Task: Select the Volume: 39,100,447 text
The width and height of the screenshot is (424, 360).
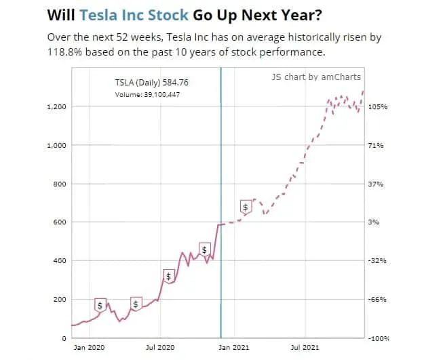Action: (147, 94)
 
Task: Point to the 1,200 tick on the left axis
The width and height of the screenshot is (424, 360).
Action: (57, 107)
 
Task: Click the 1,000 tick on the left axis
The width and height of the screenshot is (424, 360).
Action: (57, 146)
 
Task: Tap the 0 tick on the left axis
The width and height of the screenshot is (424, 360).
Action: (64, 338)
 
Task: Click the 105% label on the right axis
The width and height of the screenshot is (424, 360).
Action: (377, 107)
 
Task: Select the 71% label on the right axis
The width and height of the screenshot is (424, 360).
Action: (377, 146)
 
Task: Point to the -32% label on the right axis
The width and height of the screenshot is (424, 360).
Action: (377, 261)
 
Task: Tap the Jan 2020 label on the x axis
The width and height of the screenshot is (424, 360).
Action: (89, 347)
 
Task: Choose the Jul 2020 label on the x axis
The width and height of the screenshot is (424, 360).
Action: (161, 347)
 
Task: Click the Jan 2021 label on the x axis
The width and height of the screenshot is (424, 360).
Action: (233, 347)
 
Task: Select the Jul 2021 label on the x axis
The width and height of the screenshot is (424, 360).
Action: (305, 347)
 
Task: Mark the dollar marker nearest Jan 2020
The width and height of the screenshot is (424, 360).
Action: (100, 305)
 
